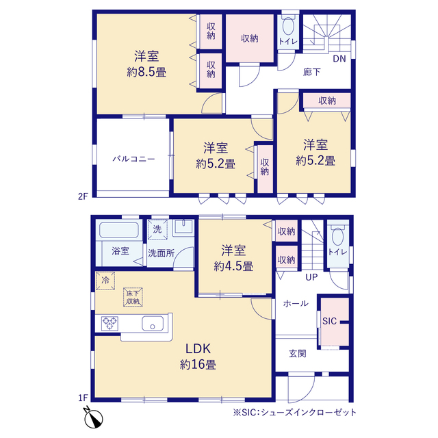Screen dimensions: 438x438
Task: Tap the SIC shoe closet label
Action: (x=330, y=321)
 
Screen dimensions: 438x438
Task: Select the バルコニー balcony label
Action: (x=133, y=159)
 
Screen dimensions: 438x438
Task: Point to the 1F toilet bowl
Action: (x=337, y=237)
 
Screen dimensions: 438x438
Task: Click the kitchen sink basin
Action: (x=153, y=324)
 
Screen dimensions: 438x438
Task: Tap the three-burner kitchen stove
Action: (x=109, y=324)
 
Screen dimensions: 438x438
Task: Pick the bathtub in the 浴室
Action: (x=119, y=230)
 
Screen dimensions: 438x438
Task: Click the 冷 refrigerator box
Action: (x=105, y=281)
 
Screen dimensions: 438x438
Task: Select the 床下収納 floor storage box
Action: (x=133, y=297)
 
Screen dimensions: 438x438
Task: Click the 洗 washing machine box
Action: (x=157, y=230)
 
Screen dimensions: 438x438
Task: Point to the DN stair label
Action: (x=339, y=59)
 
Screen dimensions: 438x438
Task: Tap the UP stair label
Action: (x=311, y=277)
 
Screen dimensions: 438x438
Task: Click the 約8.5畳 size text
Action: (x=146, y=73)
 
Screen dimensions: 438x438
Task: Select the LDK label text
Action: (x=198, y=348)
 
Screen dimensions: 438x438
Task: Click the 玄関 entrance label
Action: (x=298, y=354)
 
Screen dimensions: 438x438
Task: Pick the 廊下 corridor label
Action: (x=312, y=72)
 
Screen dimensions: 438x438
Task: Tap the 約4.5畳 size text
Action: (x=233, y=266)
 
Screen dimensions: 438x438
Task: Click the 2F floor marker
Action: (x=83, y=196)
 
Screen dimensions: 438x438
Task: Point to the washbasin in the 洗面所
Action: (x=183, y=227)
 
